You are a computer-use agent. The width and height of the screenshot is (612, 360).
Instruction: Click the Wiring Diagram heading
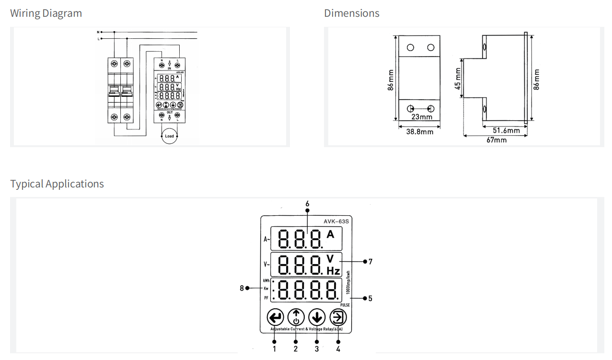[x=46, y=13]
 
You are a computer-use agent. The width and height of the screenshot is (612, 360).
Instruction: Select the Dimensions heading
[x=352, y=13]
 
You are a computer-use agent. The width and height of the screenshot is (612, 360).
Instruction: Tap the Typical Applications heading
[x=57, y=184]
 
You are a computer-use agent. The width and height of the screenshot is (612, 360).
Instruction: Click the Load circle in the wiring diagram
[x=170, y=136]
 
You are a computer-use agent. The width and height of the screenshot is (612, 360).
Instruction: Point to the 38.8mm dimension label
[x=420, y=131]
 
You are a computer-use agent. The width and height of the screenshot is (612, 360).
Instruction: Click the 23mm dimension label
[x=422, y=117]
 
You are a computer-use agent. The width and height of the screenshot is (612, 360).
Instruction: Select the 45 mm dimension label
[x=458, y=78]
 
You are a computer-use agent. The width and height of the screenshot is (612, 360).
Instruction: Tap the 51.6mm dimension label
[x=506, y=130]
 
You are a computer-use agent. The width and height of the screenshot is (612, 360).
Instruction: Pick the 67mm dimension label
[x=496, y=140]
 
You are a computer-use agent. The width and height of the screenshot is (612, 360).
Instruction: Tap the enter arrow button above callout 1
[x=275, y=317]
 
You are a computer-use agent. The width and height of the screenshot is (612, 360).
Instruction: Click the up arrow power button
[x=296, y=317]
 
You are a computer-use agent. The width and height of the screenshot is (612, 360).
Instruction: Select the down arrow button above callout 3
[x=317, y=317]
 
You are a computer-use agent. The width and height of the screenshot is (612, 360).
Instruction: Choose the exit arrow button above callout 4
[x=338, y=317]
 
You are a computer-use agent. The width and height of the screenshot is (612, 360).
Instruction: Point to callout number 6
[x=307, y=204]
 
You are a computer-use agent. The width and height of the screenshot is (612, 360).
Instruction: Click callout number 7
[x=370, y=262]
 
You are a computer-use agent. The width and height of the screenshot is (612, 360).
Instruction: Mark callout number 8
[x=242, y=288]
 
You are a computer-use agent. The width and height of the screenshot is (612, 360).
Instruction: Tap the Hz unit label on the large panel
[x=333, y=271]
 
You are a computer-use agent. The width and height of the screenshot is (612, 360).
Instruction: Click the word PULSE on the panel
[x=345, y=305]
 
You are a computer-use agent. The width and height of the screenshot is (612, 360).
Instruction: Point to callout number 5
[x=370, y=299]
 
